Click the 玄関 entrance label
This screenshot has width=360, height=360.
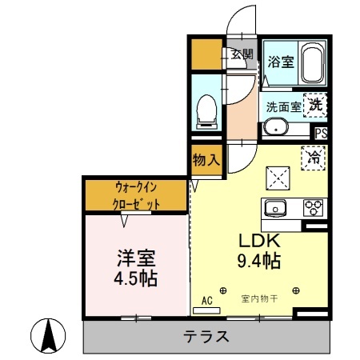coord(242,55)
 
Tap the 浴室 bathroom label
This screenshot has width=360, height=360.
coord(279,60)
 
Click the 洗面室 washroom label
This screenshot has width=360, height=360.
coord(282,106)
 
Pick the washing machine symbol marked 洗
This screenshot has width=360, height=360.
coord(316,104)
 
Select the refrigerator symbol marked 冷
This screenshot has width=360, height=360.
coord(315,158)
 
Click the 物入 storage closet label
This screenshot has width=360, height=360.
coord(206,160)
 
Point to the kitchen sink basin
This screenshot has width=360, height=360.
coord(277,208)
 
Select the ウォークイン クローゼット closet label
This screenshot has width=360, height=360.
coord(136,195)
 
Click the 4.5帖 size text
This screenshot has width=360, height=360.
coord(134,279)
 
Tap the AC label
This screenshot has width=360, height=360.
coord(206,301)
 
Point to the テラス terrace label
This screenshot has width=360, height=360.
coord(207,336)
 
